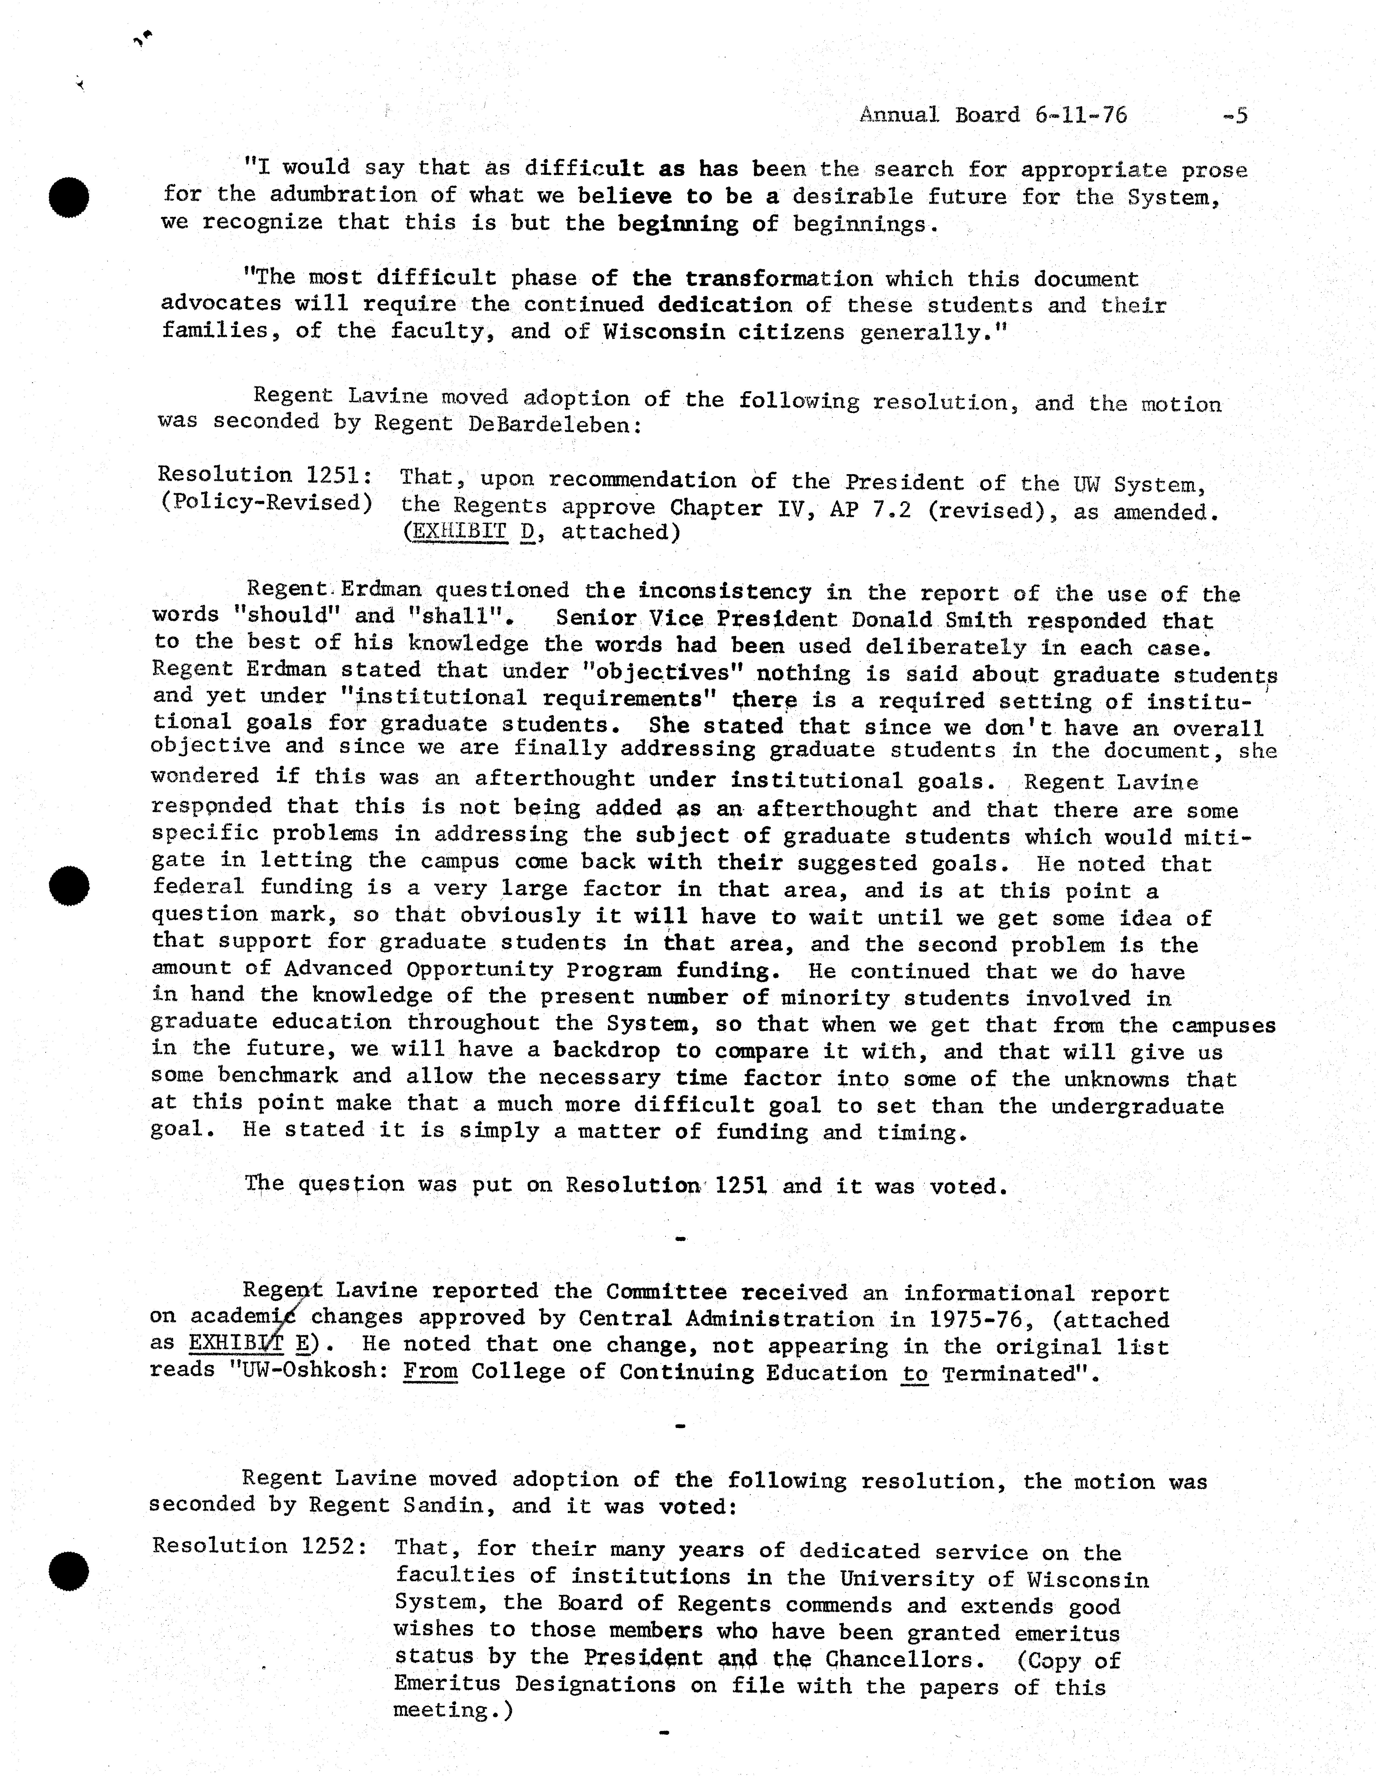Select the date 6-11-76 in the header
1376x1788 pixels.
(x=1080, y=115)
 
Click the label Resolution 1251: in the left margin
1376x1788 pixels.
(x=264, y=475)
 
